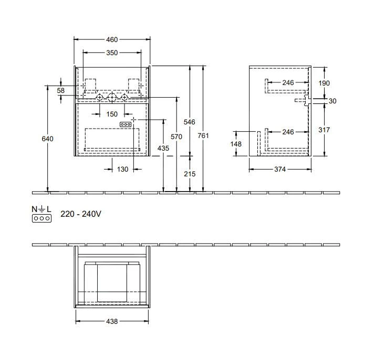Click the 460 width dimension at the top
[x=111, y=39]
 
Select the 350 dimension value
[x=111, y=52]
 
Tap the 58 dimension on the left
[x=61, y=91]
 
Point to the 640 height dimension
[x=48, y=139]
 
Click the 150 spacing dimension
[x=112, y=114]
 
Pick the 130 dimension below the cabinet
[x=122, y=169]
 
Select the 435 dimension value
[x=163, y=149]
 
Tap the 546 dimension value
[x=190, y=122]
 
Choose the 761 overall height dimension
[x=203, y=136]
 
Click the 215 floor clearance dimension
[x=190, y=174]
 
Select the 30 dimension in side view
[x=332, y=101]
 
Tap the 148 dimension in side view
[x=237, y=143]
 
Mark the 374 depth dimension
[x=280, y=169]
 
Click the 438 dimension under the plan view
[x=111, y=321]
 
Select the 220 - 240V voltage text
[x=80, y=215]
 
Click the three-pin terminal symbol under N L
[x=41, y=217]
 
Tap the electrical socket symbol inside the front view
[x=126, y=124]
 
